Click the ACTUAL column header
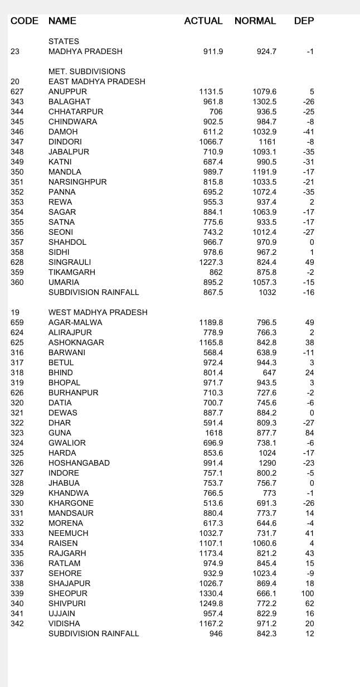click(x=203, y=21)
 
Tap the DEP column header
click(x=304, y=21)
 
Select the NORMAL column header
click(x=255, y=21)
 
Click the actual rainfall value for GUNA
click(x=213, y=433)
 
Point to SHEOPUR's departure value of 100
click(x=308, y=593)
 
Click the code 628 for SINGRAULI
click(x=17, y=262)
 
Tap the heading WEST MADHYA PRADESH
click(x=98, y=312)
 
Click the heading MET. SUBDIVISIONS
click(x=86, y=71)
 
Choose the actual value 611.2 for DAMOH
click(x=213, y=132)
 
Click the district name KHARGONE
click(x=71, y=503)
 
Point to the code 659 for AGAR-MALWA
click(x=17, y=322)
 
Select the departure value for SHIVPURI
click(x=310, y=603)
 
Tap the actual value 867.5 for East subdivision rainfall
click(x=213, y=292)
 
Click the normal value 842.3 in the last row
click(x=266, y=633)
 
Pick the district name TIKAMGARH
click(x=71, y=272)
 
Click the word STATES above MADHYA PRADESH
click(x=64, y=41)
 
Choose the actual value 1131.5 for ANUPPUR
click(x=211, y=91)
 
